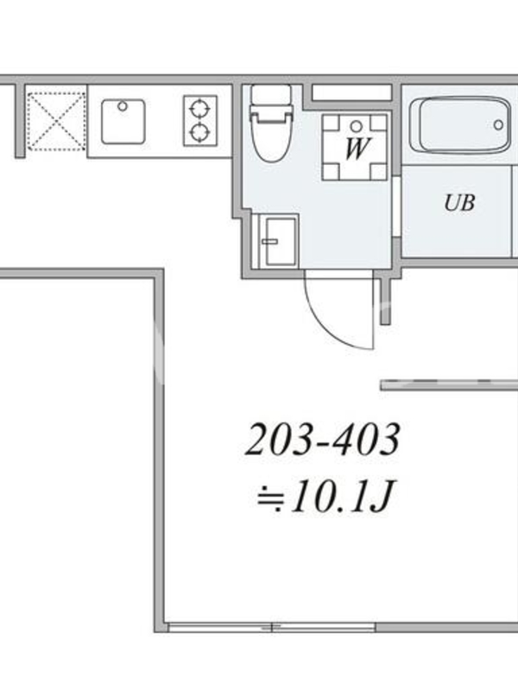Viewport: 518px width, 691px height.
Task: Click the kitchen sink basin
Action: tap(123, 121)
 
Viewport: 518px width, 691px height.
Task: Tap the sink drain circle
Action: tap(123, 106)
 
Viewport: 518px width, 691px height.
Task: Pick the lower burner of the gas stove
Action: tap(200, 132)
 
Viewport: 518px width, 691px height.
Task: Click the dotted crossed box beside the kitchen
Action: tap(56, 121)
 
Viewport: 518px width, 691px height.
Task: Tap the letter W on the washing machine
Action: tap(357, 149)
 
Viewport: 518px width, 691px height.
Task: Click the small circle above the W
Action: tap(357, 127)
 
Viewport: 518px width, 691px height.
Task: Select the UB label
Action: tap(459, 203)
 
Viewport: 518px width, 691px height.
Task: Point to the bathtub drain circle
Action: tap(498, 124)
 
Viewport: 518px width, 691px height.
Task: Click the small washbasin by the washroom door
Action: tap(277, 241)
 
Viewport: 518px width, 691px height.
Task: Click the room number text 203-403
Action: tap(323, 440)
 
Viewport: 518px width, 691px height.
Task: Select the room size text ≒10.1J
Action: tap(325, 498)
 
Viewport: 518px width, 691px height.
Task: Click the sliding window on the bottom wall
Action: tap(272, 627)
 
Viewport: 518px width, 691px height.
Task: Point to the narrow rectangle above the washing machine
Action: tap(352, 92)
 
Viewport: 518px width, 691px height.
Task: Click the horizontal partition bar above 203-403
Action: tap(449, 384)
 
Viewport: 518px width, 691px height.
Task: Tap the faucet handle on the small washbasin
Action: tap(268, 241)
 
